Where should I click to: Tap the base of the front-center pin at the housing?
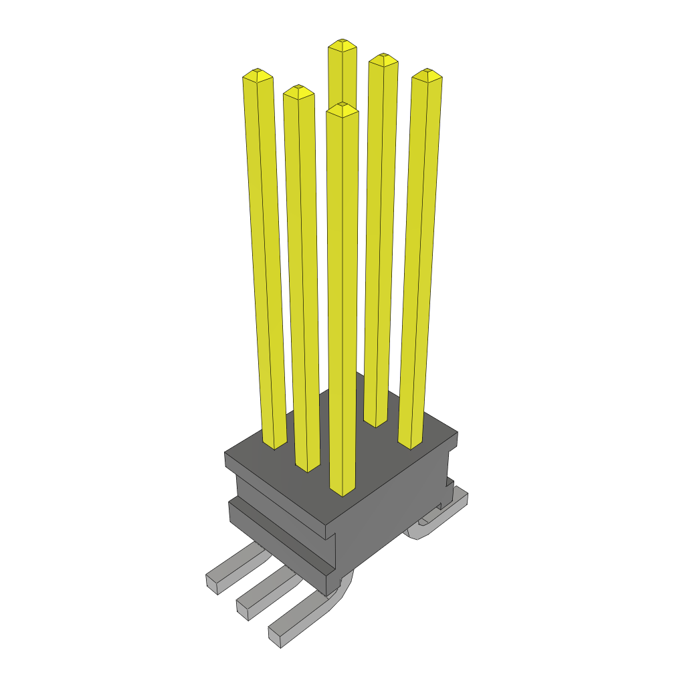[342, 491]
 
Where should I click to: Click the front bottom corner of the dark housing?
[328, 591]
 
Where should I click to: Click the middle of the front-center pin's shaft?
[342, 301]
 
